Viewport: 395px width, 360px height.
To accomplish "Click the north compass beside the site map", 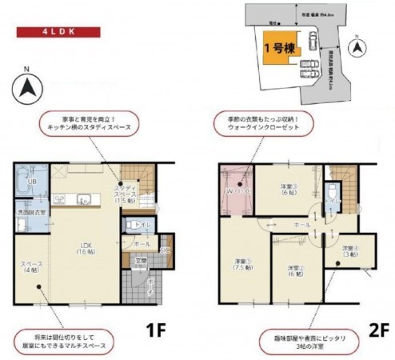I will tap(357, 48).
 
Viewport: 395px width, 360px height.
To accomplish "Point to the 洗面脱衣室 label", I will tap(33, 213).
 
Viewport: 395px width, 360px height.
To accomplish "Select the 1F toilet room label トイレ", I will tap(145, 225).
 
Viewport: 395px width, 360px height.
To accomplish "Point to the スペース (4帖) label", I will tap(33, 268).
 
